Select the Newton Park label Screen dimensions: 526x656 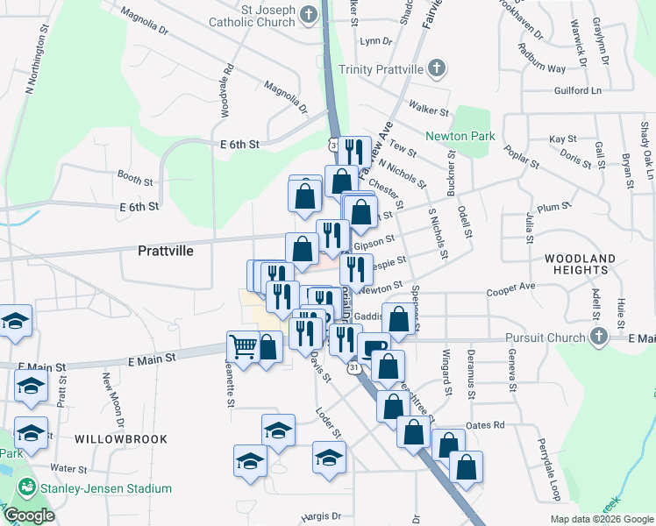460,136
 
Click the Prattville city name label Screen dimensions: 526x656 165,250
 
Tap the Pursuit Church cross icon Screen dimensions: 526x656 598,337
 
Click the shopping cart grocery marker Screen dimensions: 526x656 243,345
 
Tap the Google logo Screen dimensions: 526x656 29,515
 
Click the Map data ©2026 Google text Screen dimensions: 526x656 602,519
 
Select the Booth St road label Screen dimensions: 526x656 135,179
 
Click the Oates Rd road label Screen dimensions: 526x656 487,425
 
